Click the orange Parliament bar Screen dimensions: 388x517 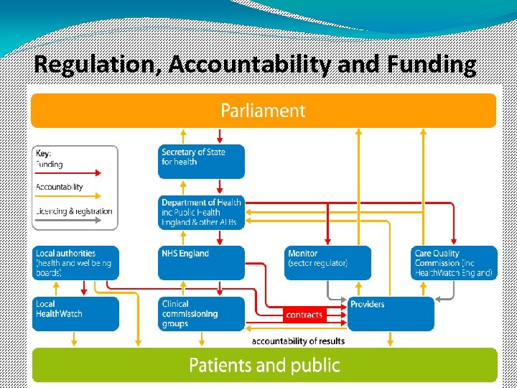263,111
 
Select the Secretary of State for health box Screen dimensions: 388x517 201,161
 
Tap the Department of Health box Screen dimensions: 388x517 201,213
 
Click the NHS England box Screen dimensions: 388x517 201,262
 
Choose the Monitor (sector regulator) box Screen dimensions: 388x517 328,262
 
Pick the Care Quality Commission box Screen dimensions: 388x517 455,262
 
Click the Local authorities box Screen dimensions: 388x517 75,262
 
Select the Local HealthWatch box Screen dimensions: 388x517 75,314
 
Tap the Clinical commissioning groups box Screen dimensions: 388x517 201,314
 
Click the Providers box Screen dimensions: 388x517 391,314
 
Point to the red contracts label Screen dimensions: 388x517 304,315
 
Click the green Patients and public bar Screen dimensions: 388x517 264,365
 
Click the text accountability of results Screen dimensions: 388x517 298,341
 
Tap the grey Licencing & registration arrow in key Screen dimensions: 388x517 69,221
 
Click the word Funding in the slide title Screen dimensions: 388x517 431,65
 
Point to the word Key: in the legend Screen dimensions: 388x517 44,153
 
